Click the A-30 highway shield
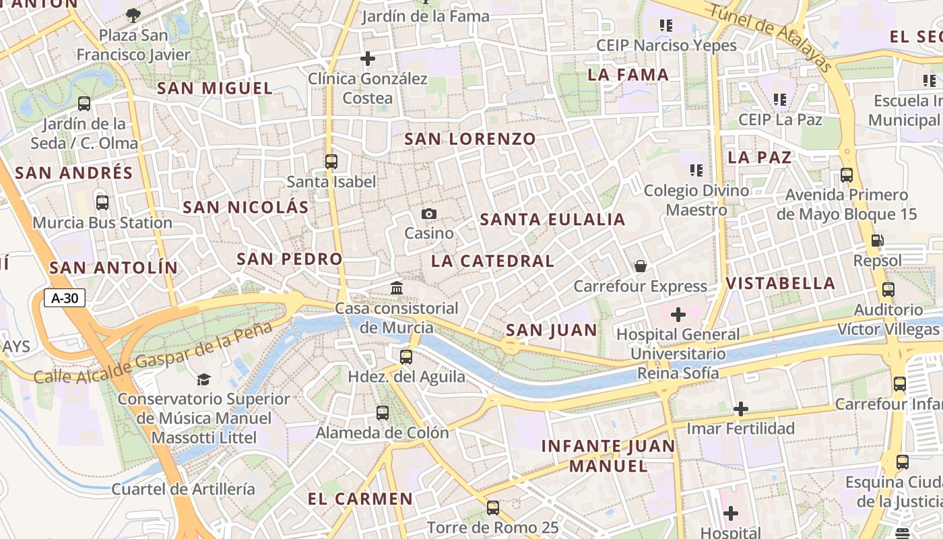pos(65,298)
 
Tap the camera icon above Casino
pos(429,214)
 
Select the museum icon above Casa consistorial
pos(397,288)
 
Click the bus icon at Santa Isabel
pos(331,162)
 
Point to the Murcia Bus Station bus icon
pos(102,203)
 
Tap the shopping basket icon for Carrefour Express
pos(641,266)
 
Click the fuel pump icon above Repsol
pos(877,241)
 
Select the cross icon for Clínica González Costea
pos(367,59)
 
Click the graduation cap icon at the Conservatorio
pos(203,379)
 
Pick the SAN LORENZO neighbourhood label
pos(470,139)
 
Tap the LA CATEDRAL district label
pos(492,261)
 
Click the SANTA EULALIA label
pos(552,220)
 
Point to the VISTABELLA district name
pos(781,283)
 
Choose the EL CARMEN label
pos(360,499)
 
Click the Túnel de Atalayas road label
pos(771,35)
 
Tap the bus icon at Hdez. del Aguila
pos(405,357)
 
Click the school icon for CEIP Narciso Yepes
pos(666,26)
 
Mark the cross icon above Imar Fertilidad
pos(741,409)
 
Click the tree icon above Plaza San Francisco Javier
pos(133,14)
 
